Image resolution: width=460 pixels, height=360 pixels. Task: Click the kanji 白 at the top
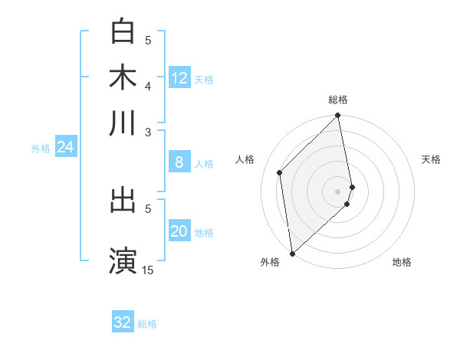123,31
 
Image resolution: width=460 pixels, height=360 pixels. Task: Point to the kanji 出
123,200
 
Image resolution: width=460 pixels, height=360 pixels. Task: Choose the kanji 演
123,259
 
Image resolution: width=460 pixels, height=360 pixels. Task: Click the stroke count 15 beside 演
147,270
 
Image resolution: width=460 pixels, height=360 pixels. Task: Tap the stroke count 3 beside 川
148,132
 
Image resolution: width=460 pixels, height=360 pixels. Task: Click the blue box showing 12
179,78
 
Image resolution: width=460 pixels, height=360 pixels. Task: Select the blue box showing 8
179,162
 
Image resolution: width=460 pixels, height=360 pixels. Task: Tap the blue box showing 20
179,232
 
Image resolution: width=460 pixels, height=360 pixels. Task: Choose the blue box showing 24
65,148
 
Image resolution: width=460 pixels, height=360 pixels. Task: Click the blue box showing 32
122,322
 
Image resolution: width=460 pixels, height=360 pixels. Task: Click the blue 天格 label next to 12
204,79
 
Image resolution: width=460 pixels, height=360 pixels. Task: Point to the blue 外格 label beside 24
41,149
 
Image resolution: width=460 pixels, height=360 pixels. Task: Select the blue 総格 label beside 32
147,324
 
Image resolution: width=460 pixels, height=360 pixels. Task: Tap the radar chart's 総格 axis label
338,100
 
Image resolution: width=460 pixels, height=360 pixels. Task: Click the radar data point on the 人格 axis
280,172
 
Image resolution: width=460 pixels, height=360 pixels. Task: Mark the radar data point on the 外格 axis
292,253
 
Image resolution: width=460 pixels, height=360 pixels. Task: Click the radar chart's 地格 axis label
402,263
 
